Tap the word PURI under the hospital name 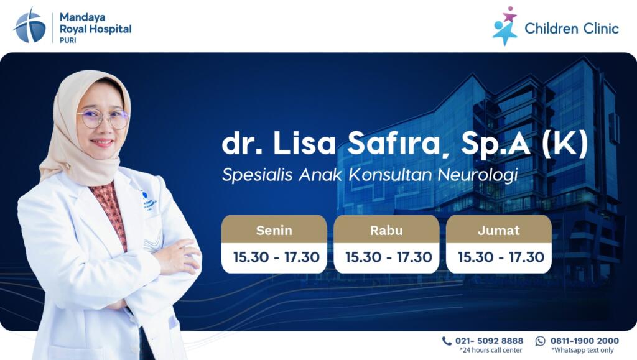[x=68, y=40]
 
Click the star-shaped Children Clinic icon [x=505, y=25]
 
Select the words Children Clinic [x=572, y=29]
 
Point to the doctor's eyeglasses [x=104, y=119]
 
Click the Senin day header [x=274, y=230]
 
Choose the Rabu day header [x=386, y=230]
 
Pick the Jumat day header [x=498, y=231]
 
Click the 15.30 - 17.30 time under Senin [x=276, y=257]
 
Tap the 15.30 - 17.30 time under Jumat [x=501, y=257]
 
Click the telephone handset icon [x=447, y=341]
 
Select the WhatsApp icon [x=540, y=341]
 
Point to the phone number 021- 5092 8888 [x=489, y=341]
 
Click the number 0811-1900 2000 [x=585, y=341]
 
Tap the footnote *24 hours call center [x=491, y=350]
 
